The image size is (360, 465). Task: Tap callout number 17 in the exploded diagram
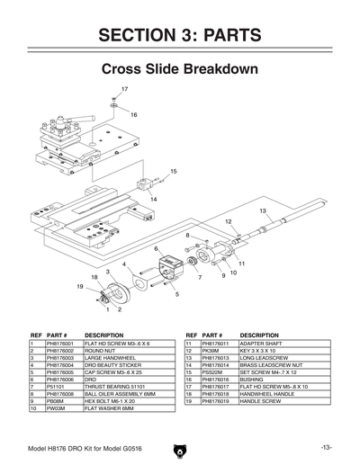coord(124,89)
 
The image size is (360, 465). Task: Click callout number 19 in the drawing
coord(80,286)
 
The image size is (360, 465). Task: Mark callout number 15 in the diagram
coord(173,170)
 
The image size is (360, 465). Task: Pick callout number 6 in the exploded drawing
coord(156,248)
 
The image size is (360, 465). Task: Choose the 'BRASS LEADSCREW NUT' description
coord(270,365)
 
